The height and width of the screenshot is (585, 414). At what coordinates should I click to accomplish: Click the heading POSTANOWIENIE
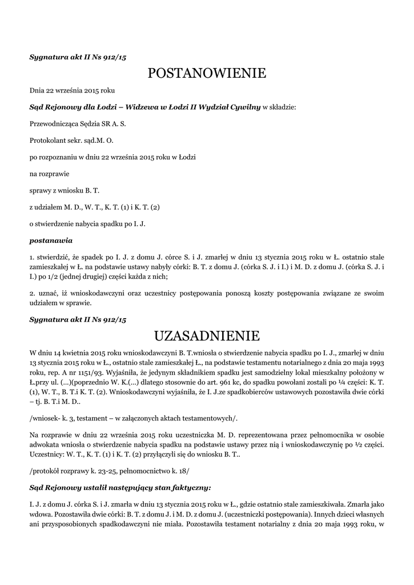coord(207,73)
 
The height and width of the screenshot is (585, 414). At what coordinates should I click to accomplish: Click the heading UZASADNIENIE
coord(207,334)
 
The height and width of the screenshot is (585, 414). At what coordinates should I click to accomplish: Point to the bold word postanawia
coord(51,241)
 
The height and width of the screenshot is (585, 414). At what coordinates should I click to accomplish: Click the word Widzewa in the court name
coord(145,106)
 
